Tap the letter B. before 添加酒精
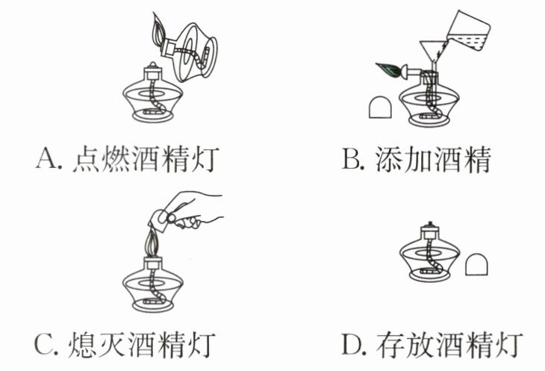pyautogui.click(x=353, y=158)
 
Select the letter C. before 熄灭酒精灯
pyautogui.click(x=46, y=344)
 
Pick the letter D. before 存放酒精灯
pyautogui.click(x=354, y=344)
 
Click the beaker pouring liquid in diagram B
pyautogui.click(x=468, y=31)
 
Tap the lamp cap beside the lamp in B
pyautogui.click(x=380, y=107)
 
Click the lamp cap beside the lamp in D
pyautogui.click(x=476, y=264)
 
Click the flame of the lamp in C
pyautogui.click(x=153, y=243)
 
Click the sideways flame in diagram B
pyautogui.click(x=388, y=69)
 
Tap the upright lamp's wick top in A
pyautogui.click(x=152, y=65)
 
